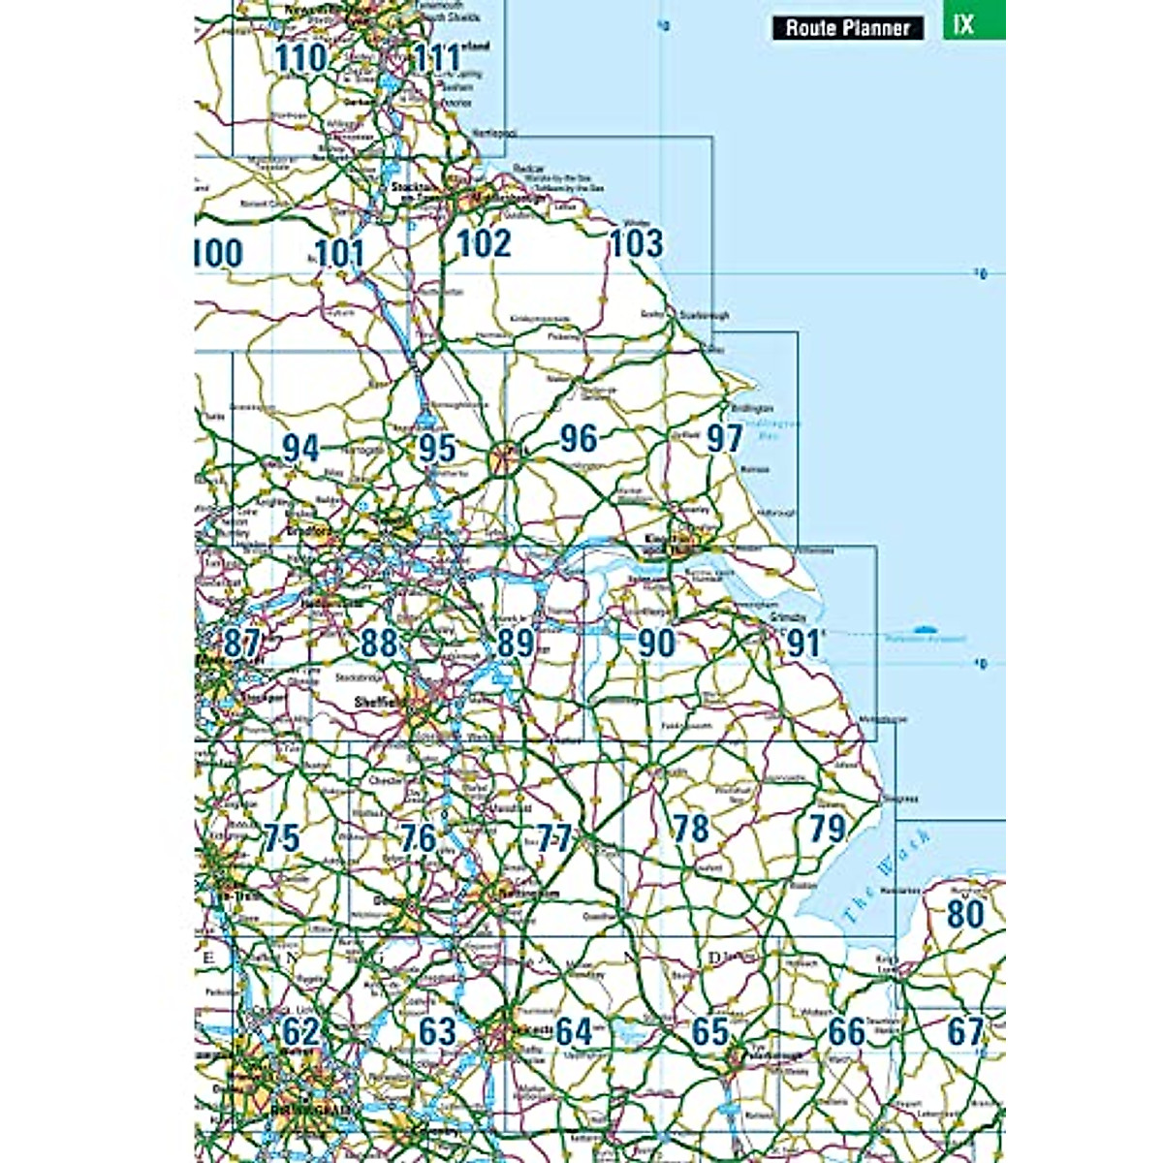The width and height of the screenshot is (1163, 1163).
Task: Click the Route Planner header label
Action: click(x=848, y=27)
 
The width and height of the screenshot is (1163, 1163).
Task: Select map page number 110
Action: click(x=300, y=57)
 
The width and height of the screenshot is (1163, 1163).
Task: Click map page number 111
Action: click(x=437, y=57)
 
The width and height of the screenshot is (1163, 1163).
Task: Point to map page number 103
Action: click(x=636, y=242)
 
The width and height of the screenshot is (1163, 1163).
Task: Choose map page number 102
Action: click(x=484, y=242)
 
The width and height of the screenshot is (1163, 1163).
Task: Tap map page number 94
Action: click(x=301, y=448)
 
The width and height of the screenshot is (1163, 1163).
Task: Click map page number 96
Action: click(x=579, y=438)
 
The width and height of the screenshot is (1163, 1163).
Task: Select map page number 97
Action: click(x=724, y=438)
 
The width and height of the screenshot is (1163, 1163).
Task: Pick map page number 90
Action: click(x=656, y=642)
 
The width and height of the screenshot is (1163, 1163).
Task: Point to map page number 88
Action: click(x=379, y=642)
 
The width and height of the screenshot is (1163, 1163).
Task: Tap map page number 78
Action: click(x=690, y=828)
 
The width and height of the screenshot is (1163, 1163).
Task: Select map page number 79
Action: click(x=827, y=828)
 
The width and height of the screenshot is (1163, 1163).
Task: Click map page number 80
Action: click(x=965, y=913)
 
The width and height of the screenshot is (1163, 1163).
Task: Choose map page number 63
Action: click(x=437, y=1031)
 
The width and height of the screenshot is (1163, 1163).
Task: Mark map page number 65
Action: click(x=710, y=1031)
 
